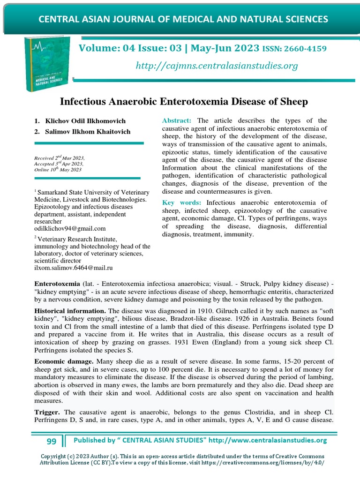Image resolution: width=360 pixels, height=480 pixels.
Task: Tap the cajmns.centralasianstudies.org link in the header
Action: point(217,66)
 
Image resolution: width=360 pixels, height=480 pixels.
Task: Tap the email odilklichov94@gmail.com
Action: point(70,228)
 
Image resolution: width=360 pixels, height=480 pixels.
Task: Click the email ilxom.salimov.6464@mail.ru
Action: point(74,268)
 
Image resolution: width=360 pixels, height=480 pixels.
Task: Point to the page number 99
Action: point(52,441)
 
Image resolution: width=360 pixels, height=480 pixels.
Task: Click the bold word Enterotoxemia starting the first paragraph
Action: point(58,284)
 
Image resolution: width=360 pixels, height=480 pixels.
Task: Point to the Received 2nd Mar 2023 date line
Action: point(59,158)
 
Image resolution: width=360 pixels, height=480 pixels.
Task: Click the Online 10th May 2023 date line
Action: point(58,170)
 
